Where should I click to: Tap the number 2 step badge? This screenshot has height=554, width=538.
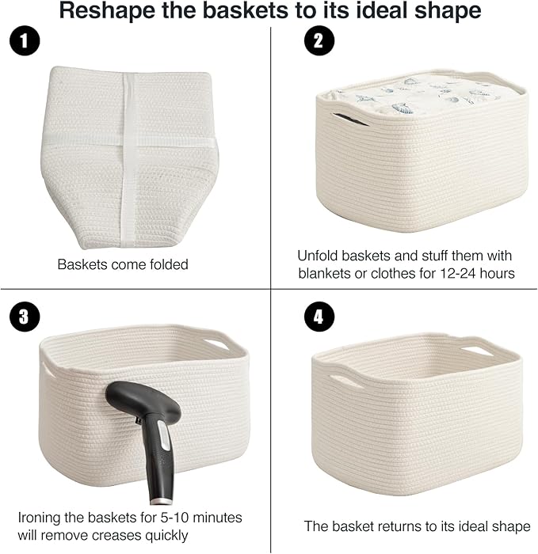point(318,44)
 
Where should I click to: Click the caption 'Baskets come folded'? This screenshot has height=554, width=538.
point(123,264)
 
